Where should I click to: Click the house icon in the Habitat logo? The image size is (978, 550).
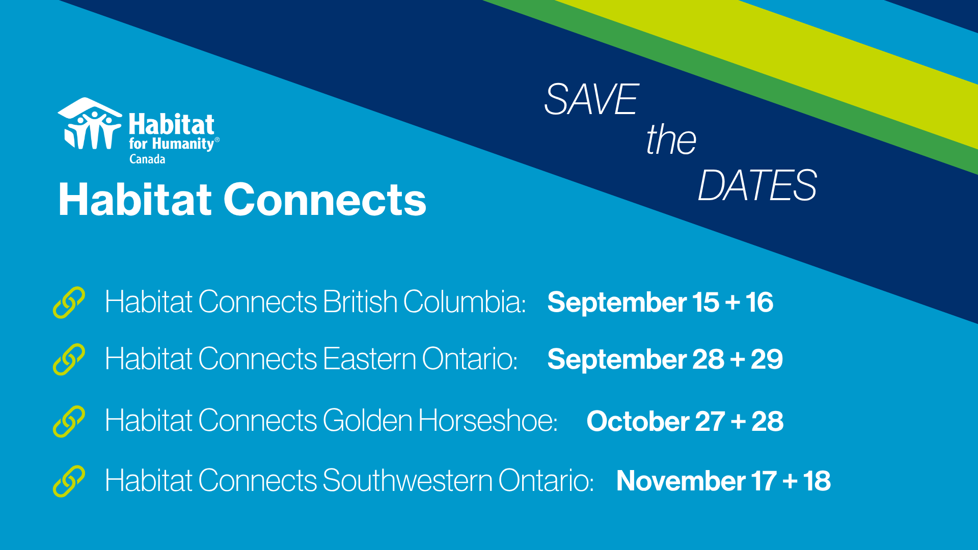point(90,123)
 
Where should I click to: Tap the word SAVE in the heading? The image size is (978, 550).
point(591,99)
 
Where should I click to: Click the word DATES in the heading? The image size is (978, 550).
point(757,185)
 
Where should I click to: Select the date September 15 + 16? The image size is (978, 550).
point(660,302)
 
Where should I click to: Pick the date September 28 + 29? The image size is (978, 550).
point(665,359)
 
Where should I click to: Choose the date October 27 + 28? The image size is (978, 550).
point(685,421)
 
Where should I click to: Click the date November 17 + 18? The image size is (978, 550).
point(723,481)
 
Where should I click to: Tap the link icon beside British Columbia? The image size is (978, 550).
point(69,302)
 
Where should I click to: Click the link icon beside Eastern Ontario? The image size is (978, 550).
point(69,359)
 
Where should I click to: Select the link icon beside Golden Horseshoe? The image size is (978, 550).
point(69,421)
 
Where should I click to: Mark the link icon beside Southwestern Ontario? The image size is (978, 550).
point(69,481)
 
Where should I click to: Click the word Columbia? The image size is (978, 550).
point(465,302)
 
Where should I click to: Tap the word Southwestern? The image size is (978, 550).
point(407,480)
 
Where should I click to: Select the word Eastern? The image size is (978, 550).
point(370,359)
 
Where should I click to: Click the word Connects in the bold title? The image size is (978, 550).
point(324,200)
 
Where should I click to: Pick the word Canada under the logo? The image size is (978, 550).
point(147,159)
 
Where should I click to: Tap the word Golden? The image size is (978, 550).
point(367,421)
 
